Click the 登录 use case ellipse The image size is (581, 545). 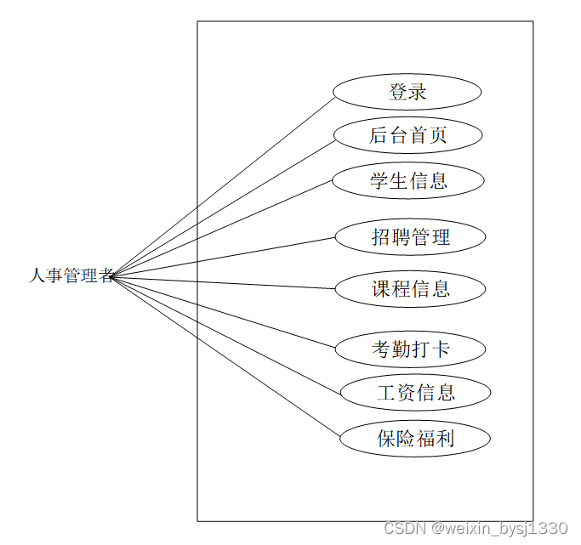(407, 92)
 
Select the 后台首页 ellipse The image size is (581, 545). (407, 135)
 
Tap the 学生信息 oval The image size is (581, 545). (407, 180)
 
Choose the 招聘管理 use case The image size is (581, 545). (410, 237)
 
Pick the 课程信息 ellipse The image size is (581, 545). (410, 289)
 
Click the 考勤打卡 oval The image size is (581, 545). (410, 349)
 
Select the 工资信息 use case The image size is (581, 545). (415, 393)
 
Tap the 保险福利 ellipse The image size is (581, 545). (415, 439)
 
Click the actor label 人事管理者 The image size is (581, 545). (71, 275)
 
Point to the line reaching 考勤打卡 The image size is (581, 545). (255, 321)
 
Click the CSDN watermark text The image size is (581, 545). (476, 529)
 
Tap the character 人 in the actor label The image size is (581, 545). (37, 275)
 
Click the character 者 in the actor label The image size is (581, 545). (105, 275)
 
